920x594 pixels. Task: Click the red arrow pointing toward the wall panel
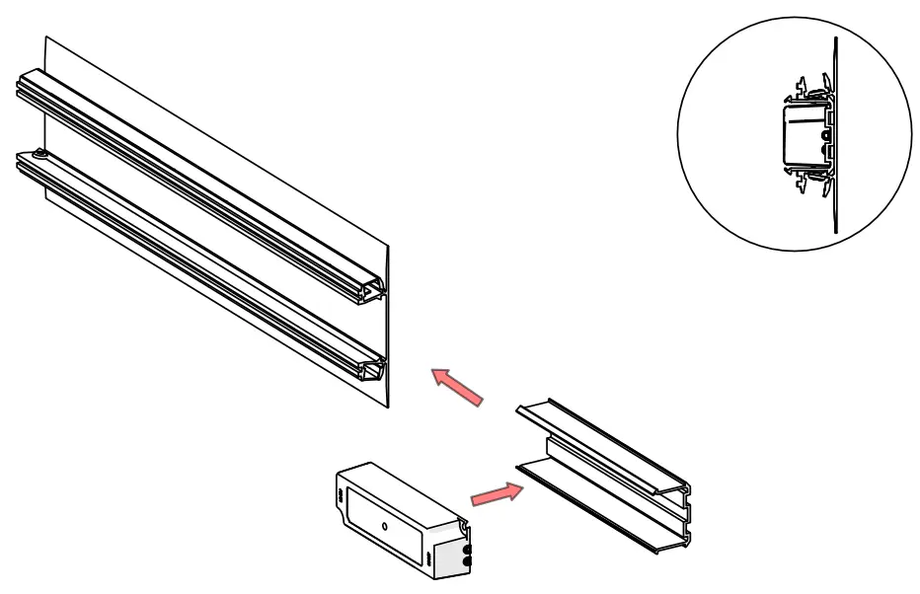pyautogui.click(x=457, y=386)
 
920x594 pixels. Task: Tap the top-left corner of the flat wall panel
pyautogui.click(x=45, y=37)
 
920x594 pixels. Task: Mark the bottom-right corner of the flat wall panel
pyautogui.click(x=390, y=408)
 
